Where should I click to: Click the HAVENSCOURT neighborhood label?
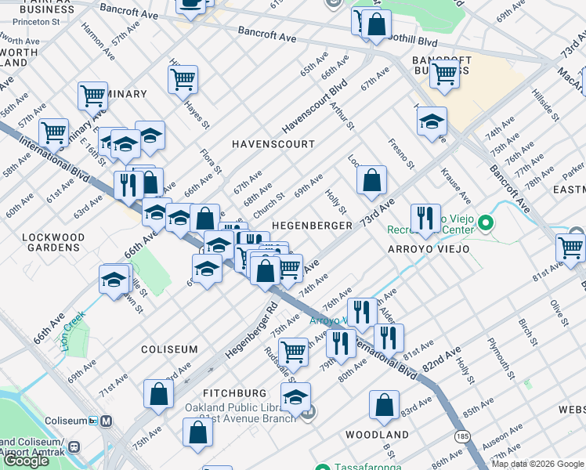pos(273,144)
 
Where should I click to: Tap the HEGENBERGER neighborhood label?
pos(311,226)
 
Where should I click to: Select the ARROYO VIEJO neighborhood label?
pos(427,249)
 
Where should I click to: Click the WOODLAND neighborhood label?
pos(377,435)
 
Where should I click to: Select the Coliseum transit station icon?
pos(107,421)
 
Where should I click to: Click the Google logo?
pos(26,460)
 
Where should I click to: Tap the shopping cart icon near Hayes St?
pos(183,78)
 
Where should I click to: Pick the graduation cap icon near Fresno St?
pos(431,121)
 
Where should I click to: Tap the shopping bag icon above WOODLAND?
pos(384,404)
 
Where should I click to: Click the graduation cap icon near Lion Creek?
pos(114,279)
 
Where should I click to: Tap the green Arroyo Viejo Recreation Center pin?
pos(486,225)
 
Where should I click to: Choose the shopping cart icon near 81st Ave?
pos(570,247)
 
